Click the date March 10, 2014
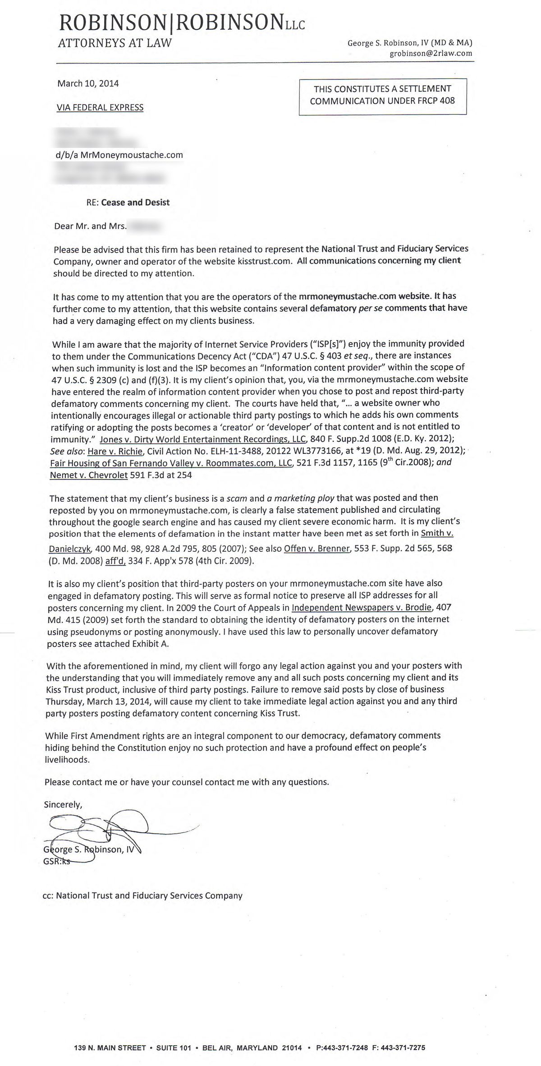(x=88, y=83)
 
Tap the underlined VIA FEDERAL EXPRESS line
(x=100, y=107)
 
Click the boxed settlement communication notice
(x=382, y=95)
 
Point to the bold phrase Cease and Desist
(x=135, y=203)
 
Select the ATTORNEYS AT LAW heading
(x=115, y=43)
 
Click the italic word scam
(x=237, y=498)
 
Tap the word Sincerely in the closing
(x=63, y=804)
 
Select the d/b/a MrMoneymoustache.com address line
(x=118, y=155)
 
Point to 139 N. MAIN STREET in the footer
(x=110, y=1035)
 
